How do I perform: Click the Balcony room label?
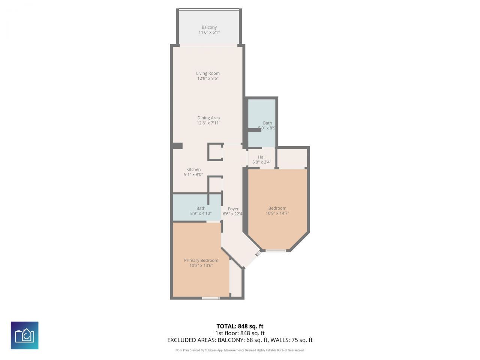point(209,27)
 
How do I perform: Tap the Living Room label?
point(208,73)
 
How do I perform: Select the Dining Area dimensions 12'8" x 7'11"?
point(208,123)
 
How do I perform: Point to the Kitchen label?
point(193,169)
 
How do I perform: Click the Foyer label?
point(233,209)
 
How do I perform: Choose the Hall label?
point(262,157)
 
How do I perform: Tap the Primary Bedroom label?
point(201,261)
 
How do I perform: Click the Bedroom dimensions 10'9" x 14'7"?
point(277,213)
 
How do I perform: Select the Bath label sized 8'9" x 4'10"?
point(201,208)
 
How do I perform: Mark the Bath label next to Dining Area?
point(267,123)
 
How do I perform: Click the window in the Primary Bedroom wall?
point(210,298)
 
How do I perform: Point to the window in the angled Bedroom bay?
point(276,250)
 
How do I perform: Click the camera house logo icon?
point(24,335)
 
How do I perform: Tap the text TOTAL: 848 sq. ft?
point(240,326)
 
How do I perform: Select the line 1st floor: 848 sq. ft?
point(240,333)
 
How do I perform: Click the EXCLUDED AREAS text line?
point(240,340)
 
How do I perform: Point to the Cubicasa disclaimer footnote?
point(240,350)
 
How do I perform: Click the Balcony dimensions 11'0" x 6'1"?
point(209,33)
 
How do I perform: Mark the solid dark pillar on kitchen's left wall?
point(177,146)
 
